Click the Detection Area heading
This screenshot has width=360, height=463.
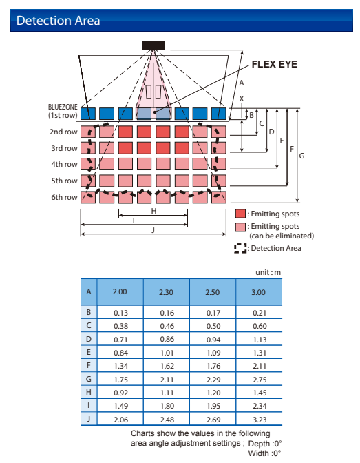58,21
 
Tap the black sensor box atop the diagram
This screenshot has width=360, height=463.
153,45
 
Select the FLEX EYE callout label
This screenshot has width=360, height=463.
275,64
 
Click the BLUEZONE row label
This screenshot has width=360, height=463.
63,111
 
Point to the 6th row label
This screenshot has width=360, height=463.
64,197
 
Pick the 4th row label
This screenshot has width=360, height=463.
64,164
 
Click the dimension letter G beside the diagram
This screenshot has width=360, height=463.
301,156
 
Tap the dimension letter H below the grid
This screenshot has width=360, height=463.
153,211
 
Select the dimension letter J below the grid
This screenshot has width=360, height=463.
153,230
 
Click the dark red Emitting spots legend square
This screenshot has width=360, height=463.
240,214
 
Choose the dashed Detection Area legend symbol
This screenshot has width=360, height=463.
240,248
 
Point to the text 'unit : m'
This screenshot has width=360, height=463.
268,272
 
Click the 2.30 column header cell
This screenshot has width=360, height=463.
167,291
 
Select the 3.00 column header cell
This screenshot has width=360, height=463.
259,291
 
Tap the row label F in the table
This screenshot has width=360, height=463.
89,366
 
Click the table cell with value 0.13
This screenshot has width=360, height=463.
120,312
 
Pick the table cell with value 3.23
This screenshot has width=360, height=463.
260,420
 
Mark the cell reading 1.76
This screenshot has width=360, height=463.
213,366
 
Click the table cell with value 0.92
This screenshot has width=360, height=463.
120,393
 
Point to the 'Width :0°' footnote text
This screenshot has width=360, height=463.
265,453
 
